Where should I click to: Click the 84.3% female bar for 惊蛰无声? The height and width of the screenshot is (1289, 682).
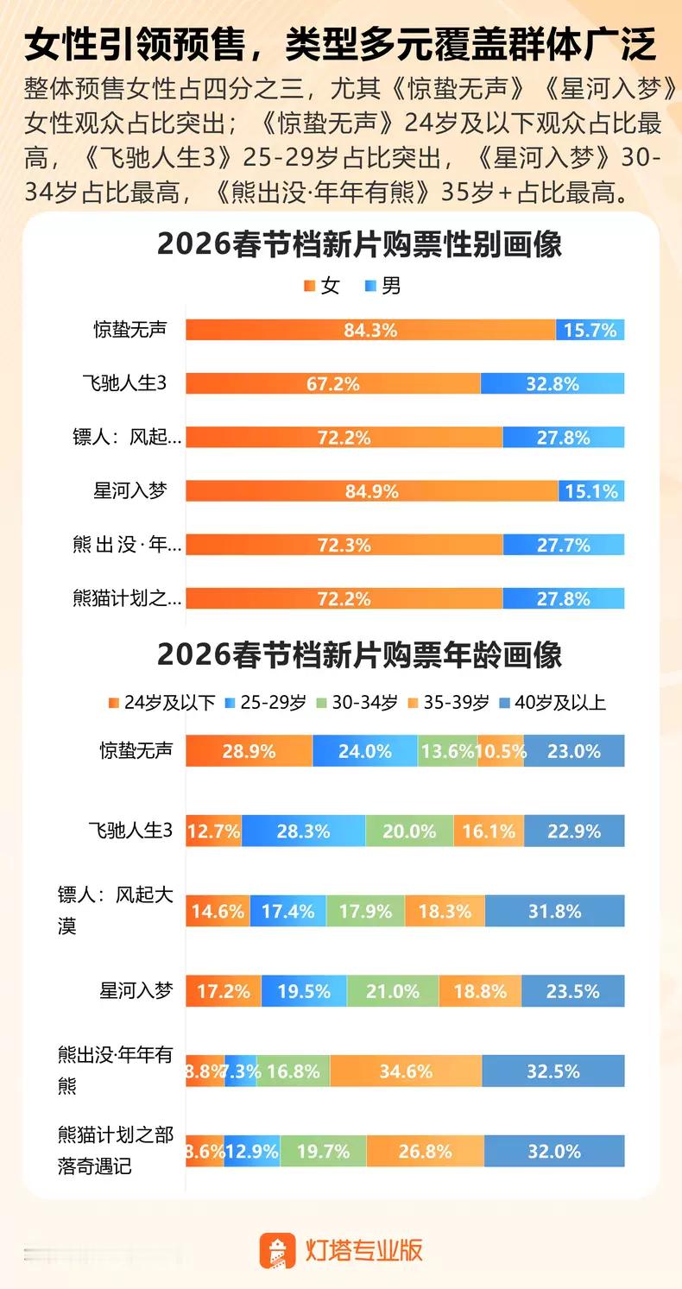[x=370, y=330]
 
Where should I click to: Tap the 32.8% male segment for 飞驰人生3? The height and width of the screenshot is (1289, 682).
[x=552, y=384]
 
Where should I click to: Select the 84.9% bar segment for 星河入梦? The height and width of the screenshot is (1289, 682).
[x=371, y=491]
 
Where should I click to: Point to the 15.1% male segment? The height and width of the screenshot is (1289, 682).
[x=591, y=491]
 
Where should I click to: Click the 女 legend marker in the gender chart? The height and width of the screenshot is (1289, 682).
[x=309, y=286]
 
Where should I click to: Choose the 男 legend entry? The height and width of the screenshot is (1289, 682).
[x=383, y=286]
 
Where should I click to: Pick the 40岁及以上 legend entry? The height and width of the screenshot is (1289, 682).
[x=553, y=703]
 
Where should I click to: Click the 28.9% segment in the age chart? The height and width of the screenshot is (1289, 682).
[x=249, y=751]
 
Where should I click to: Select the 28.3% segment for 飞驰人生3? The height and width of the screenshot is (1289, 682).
[x=303, y=831]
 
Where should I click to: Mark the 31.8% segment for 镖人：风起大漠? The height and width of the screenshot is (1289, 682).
[x=554, y=912]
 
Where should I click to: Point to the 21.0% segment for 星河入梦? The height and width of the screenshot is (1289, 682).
[x=392, y=992]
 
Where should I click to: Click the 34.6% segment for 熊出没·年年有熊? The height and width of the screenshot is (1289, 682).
[x=405, y=1071]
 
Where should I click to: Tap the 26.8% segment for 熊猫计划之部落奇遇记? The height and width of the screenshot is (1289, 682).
[x=425, y=1152]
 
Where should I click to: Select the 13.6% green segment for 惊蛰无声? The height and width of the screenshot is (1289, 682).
[x=446, y=751]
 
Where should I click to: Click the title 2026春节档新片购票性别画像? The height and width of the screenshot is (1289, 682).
[x=359, y=244]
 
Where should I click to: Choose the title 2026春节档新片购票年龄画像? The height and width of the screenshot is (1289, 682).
[x=359, y=654]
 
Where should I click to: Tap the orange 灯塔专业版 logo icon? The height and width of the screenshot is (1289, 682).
[x=278, y=1249]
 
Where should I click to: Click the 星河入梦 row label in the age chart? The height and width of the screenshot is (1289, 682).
[x=136, y=991]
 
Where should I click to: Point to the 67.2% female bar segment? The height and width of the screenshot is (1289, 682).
[x=332, y=384]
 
